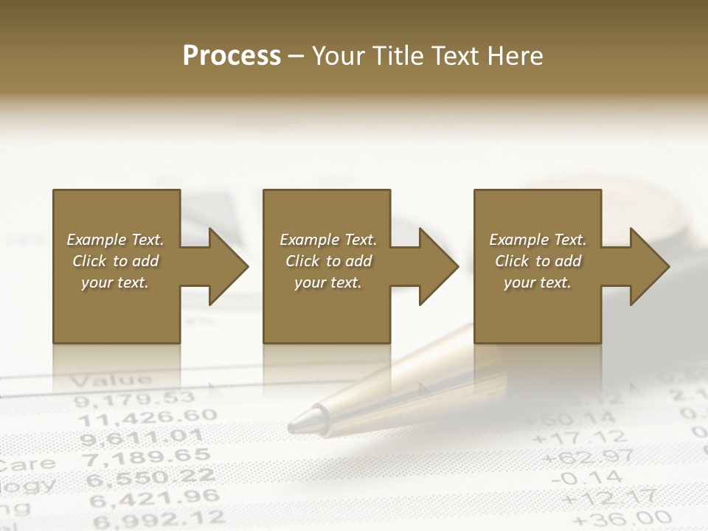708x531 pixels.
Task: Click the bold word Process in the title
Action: [232, 56]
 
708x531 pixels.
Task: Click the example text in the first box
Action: [115, 261]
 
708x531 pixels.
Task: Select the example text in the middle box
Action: [328, 261]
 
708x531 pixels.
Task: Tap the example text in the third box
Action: [538, 261]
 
